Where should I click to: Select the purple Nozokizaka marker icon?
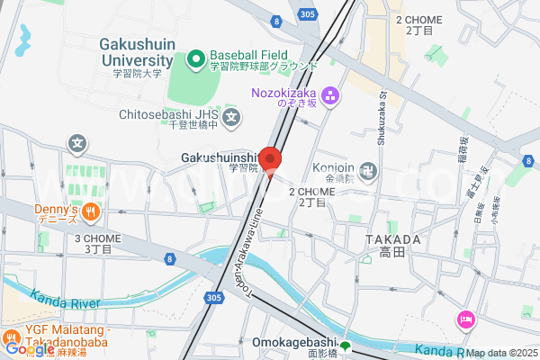[330, 94]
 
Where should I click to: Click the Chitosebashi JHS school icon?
[232, 116]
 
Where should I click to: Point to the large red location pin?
[270, 158]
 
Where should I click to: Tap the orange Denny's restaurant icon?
[90, 212]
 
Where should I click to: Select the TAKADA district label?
[393, 240]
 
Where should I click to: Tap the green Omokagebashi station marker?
[345, 346]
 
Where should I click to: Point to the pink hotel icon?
[466, 319]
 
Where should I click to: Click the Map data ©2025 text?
[501, 353]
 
